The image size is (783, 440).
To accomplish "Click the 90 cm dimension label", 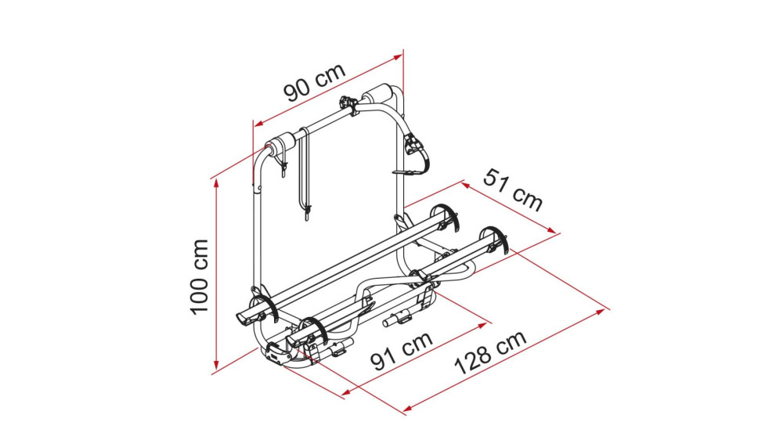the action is (315, 82).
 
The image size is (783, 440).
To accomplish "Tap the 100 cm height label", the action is (200, 276).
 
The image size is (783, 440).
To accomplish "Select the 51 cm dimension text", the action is (513, 190).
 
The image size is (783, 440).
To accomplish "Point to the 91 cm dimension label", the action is (402, 351).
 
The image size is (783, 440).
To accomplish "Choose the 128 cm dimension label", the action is (490, 352).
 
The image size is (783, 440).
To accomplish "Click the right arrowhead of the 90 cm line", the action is (398, 57).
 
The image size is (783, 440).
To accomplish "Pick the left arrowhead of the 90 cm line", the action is (258, 123).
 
